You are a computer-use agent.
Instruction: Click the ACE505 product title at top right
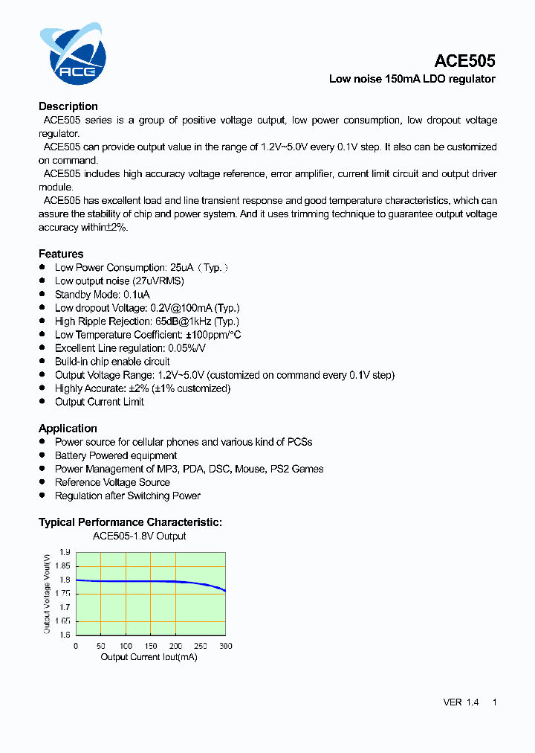click(x=464, y=61)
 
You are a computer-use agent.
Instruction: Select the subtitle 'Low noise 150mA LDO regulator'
click(x=412, y=79)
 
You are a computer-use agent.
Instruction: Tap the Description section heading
click(x=68, y=106)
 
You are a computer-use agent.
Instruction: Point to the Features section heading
click(x=61, y=254)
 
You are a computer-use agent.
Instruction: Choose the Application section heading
click(x=68, y=429)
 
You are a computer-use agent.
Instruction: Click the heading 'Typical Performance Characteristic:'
click(x=130, y=522)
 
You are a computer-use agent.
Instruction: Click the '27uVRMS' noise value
click(x=158, y=281)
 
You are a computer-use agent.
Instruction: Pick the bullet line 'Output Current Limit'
click(x=100, y=402)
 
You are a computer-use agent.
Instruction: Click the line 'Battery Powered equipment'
click(x=116, y=455)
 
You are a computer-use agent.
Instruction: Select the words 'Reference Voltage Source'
click(x=112, y=482)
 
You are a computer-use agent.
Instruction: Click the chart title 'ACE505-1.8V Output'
click(x=139, y=536)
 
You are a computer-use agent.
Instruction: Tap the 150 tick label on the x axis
click(x=151, y=646)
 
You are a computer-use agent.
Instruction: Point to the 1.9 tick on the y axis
click(x=65, y=552)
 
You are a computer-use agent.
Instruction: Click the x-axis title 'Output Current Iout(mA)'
click(x=149, y=657)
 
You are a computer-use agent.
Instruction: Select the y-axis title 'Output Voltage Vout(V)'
click(x=47, y=593)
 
